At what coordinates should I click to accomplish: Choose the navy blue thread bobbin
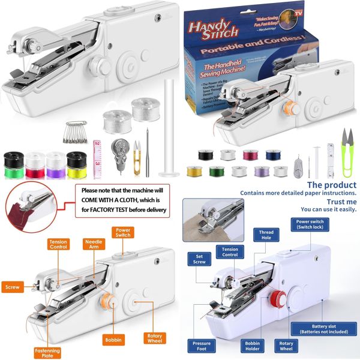coord(270,154)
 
